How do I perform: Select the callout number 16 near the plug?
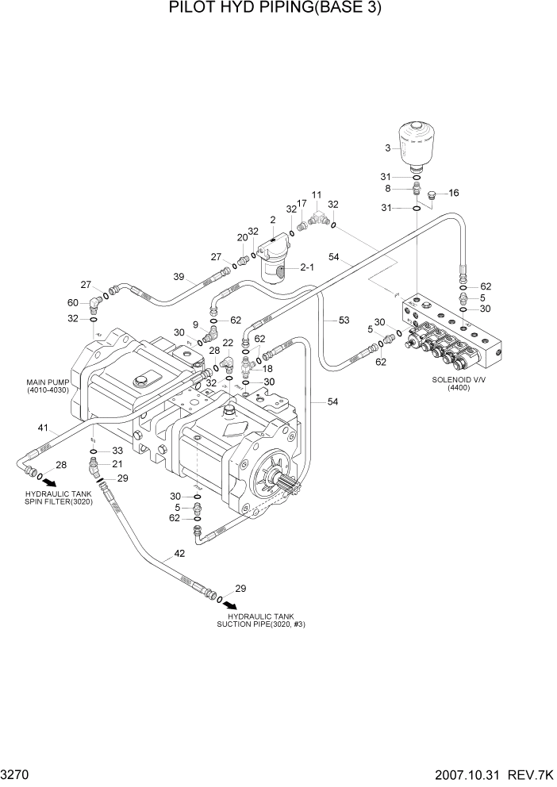pyautogui.click(x=454, y=193)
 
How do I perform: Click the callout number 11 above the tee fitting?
pyautogui.click(x=317, y=194)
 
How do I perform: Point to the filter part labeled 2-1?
pyautogui.click(x=307, y=268)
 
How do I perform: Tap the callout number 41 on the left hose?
pyautogui.click(x=42, y=428)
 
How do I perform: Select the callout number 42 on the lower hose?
pyautogui.click(x=179, y=555)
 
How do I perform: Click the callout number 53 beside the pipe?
pyautogui.click(x=344, y=320)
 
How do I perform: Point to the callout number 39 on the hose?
pyautogui.click(x=179, y=276)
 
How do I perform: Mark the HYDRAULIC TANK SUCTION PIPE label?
pyautogui.click(x=262, y=620)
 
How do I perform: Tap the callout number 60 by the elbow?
pyautogui.click(x=72, y=302)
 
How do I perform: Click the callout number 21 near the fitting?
pyautogui.click(x=117, y=464)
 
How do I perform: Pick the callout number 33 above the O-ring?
pyautogui.click(x=117, y=451)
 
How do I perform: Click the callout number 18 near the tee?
pyautogui.click(x=267, y=368)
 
